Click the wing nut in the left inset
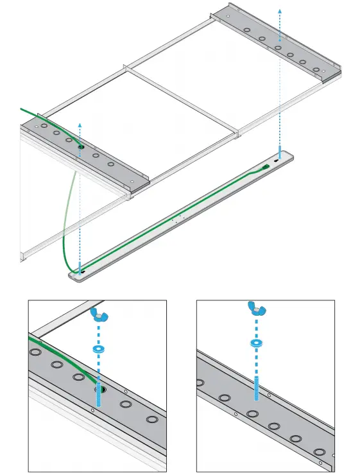[x=98, y=313]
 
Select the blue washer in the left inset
[x=98, y=349]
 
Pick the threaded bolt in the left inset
[x=98, y=395]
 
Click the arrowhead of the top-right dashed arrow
[x=279, y=11]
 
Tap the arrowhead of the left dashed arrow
[x=80, y=124]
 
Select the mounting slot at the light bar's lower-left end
[x=82, y=274]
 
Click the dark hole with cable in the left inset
[x=99, y=389]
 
